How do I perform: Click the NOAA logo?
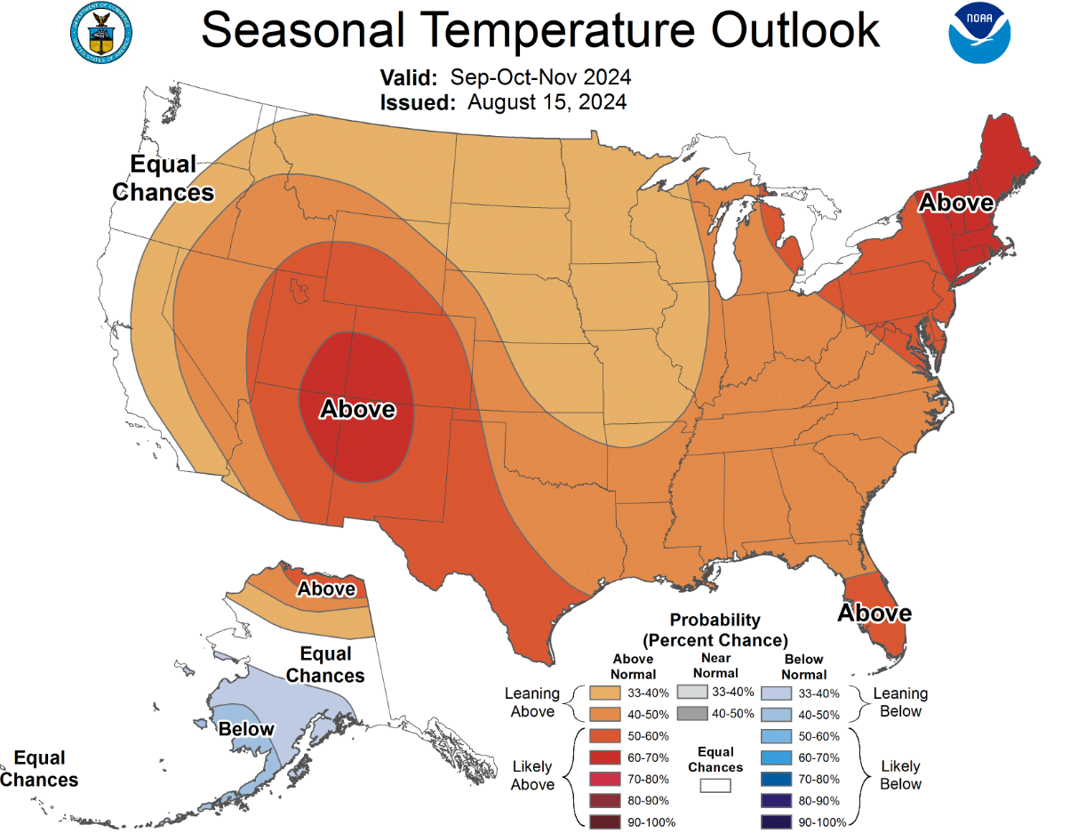tap(979, 32)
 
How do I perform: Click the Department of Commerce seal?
tap(100, 33)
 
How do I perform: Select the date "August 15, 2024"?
tap(547, 101)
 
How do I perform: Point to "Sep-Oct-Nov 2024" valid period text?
tap(541, 76)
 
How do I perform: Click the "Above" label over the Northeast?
tap(955, 203)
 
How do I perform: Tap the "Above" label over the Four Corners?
tap(357, 409)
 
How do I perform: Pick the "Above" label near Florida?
tap(874, 613)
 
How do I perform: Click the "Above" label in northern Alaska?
tap(326, 589)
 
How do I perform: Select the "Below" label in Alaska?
tap(246, 729)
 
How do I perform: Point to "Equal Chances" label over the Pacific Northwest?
tap(164, 178)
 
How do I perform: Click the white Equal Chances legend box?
tap(715, 785)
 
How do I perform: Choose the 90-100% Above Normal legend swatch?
tap(604, 821)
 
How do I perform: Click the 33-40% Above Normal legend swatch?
tap(604, 693)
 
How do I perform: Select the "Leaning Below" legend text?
tap(900, 702)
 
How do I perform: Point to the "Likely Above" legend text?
tap(532, 775)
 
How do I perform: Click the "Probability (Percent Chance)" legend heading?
tap(715, 629)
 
